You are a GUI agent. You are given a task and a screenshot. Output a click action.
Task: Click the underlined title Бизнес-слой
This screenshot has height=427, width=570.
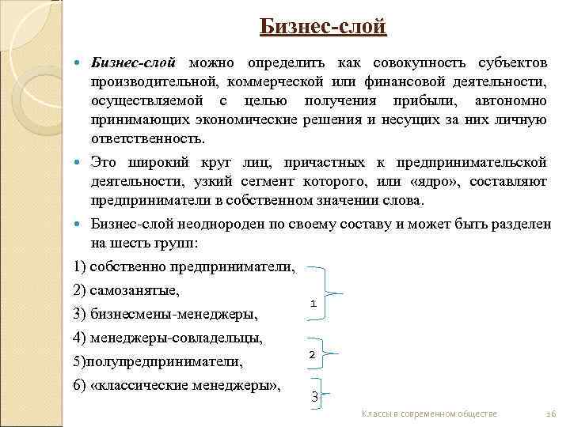(x=323, y=28)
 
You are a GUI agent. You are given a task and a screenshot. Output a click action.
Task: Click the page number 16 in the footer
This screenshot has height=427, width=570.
(x=552, y=414)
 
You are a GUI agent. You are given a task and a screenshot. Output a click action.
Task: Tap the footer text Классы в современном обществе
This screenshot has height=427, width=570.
(x=428, y=414)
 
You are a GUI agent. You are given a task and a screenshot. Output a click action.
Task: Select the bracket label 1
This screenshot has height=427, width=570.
(x=313, y=303)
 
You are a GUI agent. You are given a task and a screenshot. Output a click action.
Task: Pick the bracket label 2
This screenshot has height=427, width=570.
(x=312, y=355)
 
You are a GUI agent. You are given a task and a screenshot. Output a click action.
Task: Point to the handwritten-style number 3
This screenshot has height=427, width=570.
(x=314, y=396)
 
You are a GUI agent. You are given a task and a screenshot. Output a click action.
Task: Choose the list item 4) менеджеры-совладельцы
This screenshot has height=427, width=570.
(x=167, y=338)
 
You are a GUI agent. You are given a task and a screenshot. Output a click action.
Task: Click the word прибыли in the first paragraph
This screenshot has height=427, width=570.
(x=436, y=100)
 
